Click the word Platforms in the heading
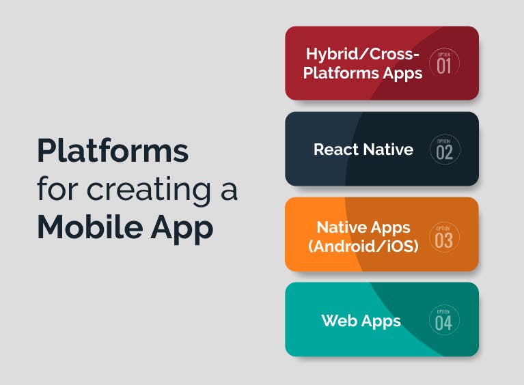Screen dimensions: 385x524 [113, 151]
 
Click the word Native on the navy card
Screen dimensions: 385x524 [388, 149]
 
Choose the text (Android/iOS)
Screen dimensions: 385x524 [363, 246]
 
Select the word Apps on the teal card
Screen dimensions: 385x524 [381, 321]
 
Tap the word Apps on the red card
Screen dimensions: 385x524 [403, 74]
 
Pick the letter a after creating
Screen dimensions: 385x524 [229, 190]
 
